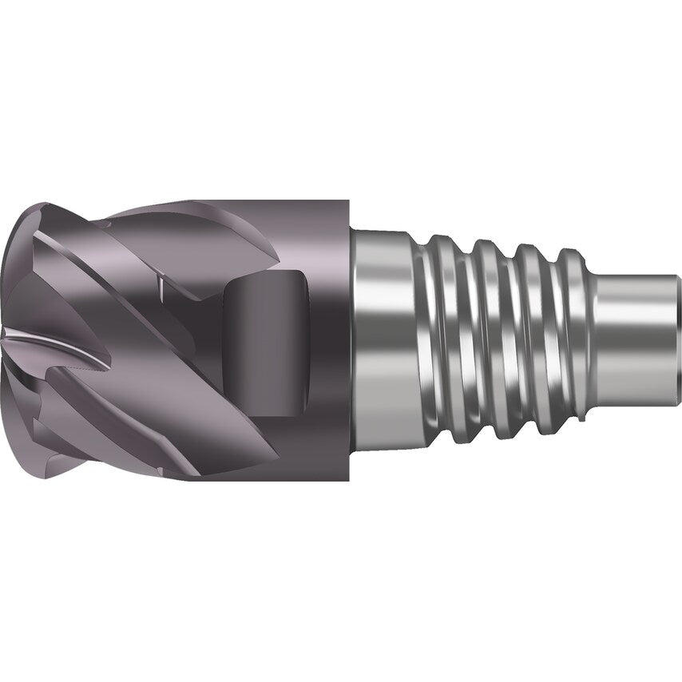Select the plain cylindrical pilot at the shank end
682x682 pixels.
point(639,339)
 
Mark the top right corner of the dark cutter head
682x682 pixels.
point(350,201)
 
